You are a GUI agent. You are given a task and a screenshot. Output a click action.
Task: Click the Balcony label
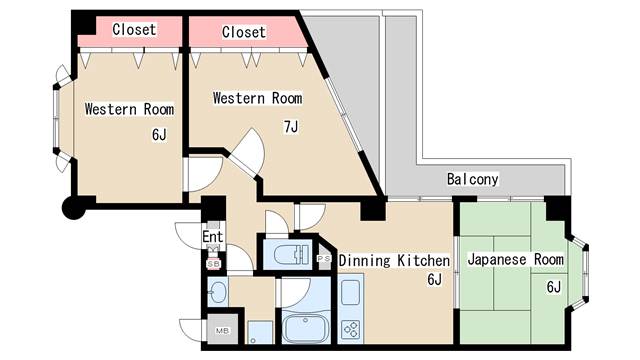[x=472, y=179]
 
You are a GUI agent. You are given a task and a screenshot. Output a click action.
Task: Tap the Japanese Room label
[x=516, y=259]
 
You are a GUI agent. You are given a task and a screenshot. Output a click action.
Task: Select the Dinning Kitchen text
[x=394, y=261]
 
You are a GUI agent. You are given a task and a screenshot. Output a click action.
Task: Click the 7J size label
[x=291, y=127]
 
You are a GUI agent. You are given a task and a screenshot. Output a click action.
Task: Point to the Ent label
[x=213, y=236]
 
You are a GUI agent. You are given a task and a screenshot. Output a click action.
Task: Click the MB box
[x=222, y=331]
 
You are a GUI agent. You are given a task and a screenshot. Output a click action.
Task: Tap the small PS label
[x=324, y=258]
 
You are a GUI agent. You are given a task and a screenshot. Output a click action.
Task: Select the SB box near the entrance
[x=213, y=264]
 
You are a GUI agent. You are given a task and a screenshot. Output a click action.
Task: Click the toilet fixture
[x=287, y=255]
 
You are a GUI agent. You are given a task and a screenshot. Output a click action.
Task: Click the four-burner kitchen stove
[x=351, y=329]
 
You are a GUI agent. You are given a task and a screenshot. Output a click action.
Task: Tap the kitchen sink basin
[x=350, y=293]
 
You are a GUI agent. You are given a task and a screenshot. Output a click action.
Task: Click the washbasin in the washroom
[x=218, y=291]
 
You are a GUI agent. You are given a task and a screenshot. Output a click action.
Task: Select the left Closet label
[x=134, y=29]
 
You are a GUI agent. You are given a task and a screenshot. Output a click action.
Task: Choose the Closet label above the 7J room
[x=244, y=32]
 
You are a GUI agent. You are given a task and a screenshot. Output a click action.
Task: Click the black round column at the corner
[x=74, y=208]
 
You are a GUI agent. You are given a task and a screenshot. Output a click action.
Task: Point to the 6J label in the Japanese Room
[x=553, y=287]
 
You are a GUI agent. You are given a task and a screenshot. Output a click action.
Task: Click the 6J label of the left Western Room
[x=159, y=134]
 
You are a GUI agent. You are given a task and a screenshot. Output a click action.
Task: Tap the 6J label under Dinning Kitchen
[x=434, y=280]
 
